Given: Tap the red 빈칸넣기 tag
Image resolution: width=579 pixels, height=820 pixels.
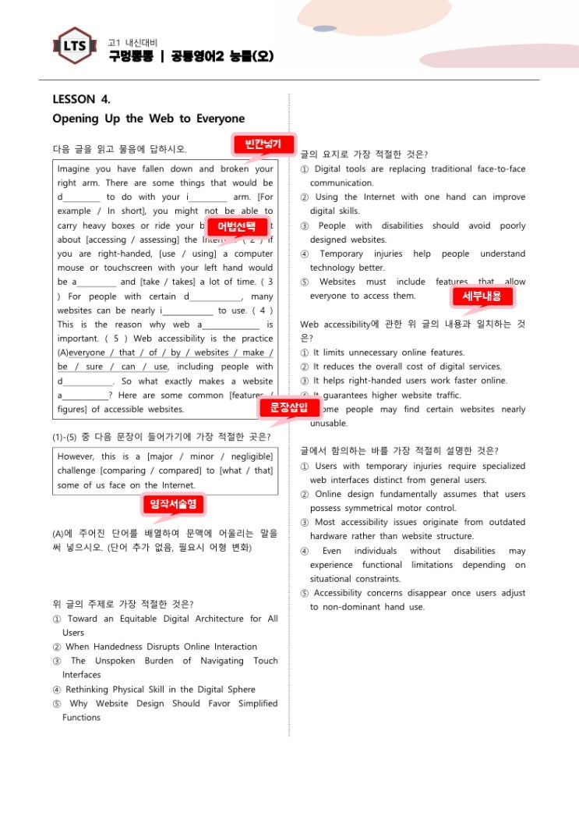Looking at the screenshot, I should (x=263, y=144).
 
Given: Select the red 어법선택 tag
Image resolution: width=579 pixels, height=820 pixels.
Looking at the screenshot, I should (x=237, y=227).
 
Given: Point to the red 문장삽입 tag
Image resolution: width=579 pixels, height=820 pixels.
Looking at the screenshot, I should (x=289, y=406).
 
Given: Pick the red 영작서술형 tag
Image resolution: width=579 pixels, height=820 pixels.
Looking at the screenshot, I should (x=173, y=504).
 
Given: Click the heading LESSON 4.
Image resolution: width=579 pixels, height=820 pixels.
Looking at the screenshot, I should (x=81, y=99).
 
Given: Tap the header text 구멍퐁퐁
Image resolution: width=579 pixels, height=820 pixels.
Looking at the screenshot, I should (x=130, y=56).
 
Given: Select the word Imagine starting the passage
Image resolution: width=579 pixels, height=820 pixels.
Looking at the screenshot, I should (x=73, y=169).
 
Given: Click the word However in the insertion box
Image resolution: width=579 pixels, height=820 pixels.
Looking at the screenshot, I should (x=76, y=456).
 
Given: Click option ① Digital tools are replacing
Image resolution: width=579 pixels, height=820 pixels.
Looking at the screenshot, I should (x=413, y=169).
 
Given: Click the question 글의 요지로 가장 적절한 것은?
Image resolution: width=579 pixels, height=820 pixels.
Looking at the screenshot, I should (x=364, y=154).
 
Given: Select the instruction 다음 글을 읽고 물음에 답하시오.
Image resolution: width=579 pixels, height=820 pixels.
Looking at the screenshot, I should (x=119, y=148).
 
